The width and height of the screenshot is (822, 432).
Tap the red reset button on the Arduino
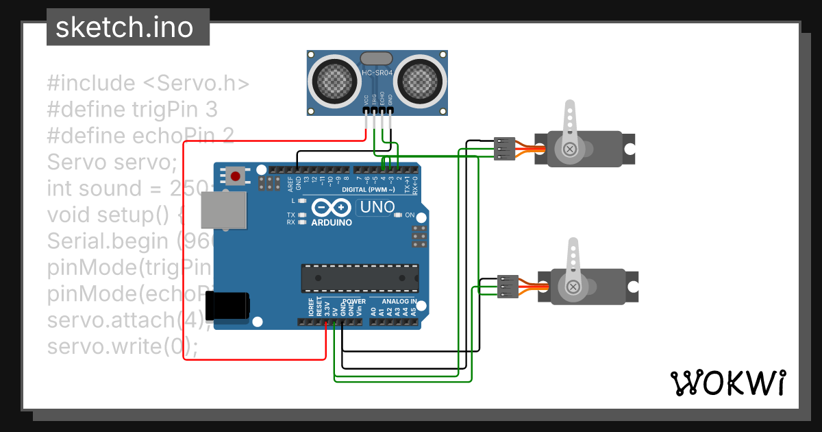pyautogui.click(x=236, y=176)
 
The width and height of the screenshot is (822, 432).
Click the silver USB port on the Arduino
pyautogui.click(x=223, y=209)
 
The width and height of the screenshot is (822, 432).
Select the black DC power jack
pyautogui.click(x=229, y=304)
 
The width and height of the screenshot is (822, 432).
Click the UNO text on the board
pyautogui.click(x=377, y=206)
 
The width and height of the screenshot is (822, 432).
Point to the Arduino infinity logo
pyautogui.click(x=332, y=207)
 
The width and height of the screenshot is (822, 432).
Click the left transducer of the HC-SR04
pyautogui.click(x=335, y=80)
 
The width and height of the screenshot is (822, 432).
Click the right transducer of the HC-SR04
pyautogui.click(x=421, y=80)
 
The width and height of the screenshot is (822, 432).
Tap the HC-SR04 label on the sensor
pyautogui.click(x=377, y=73)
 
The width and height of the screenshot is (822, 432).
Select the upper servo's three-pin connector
pyautogui.click(x=503, y=148)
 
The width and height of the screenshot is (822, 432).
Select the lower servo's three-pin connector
pyautogui.click(x=508, y=287)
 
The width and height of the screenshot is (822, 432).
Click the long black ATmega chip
pyautogui.click(x=360, y=277)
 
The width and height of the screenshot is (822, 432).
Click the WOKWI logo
pyautogui.click(x=727, y=383)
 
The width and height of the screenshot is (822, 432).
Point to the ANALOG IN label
pyautogui.click(x=399, y=301)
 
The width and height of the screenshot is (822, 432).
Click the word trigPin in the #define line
pyautogui.click(x=166, y=109)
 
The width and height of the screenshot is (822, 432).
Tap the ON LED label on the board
pyautogui.click(x=410, y=215)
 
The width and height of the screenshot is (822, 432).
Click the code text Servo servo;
pyautogui.click(x=112, y=163)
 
